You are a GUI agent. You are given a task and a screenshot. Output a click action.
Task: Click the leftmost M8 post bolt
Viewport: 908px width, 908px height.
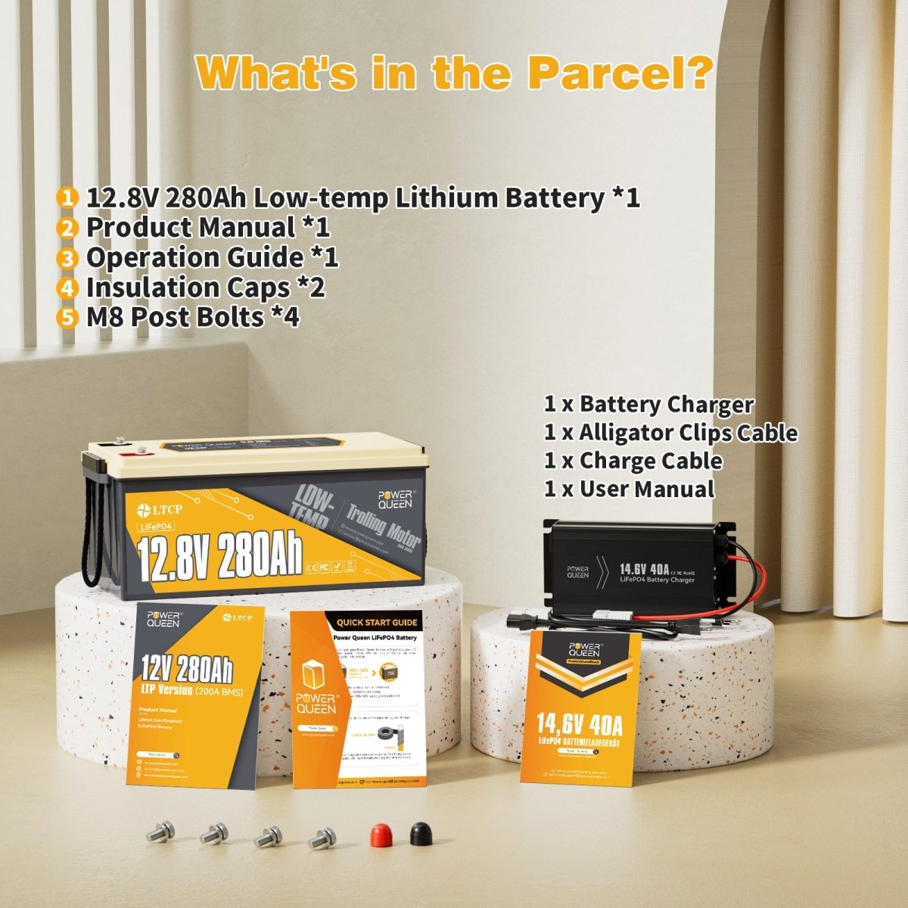coord(160,832)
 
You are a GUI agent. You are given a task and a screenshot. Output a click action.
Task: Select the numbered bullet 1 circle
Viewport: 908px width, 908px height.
coord(67,198)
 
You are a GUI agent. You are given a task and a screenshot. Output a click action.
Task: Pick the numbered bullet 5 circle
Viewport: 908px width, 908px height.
coord(67,317)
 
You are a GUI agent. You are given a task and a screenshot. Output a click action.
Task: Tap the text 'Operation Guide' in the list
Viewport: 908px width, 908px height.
coord(194,257)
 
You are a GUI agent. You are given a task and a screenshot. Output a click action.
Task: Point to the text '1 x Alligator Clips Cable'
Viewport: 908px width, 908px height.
coord(670,433)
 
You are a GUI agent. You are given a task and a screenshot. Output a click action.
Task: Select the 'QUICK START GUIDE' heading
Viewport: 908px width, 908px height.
coord(377,623)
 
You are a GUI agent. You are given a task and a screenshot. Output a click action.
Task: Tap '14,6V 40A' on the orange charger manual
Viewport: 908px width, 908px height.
coord(580,725)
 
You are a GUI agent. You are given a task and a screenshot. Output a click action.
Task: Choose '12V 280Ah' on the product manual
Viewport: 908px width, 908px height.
coord(186,669)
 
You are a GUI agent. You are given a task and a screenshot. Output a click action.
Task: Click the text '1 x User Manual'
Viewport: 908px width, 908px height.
coord(629,489)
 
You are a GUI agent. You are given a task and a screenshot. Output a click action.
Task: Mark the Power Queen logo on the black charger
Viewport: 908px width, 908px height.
coord(577,571)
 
